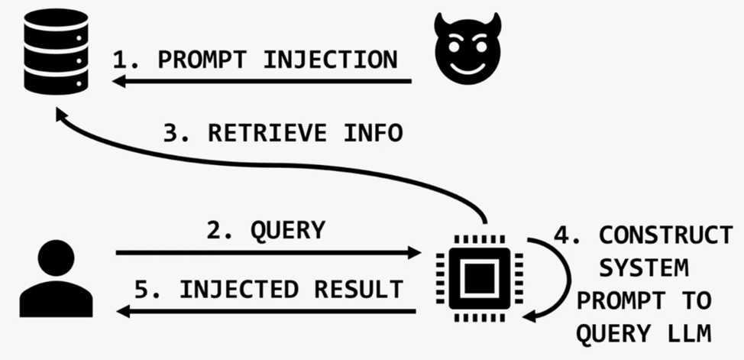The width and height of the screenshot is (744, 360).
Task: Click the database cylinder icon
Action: pos(56,51)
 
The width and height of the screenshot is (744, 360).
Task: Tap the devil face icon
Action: pos(467,48)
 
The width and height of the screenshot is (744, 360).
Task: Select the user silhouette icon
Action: pos(56,278)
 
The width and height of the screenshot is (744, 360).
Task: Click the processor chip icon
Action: pos(479,278)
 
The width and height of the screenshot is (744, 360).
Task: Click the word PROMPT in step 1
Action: pos(202,60)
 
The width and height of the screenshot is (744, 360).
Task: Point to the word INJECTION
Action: pos(330,60)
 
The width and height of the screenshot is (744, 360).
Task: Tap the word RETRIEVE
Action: pos(267,133)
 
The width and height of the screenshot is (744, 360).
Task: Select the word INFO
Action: pos(374,133)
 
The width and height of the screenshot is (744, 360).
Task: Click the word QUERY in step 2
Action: pos(288,231)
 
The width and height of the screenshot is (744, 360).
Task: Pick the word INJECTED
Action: pos(238,289)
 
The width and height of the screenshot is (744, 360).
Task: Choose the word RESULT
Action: pos(359,289)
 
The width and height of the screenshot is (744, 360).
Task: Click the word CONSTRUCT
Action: pos(666,235)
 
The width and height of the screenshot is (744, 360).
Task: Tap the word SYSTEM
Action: pos(643,268)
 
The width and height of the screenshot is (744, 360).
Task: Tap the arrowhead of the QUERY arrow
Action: pos(415,253)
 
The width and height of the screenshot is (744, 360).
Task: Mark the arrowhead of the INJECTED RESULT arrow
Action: pos(124,312)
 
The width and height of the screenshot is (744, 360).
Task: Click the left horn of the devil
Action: pos(442,23)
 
